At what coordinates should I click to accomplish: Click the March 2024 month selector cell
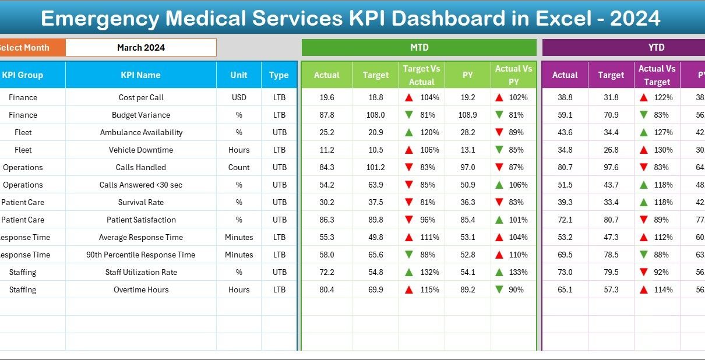(x=140, y=48)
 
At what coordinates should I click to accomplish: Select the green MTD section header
(x=419, y=48)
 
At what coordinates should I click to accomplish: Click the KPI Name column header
(x=140, y=75)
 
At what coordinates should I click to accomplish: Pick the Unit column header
(x=238, y=75)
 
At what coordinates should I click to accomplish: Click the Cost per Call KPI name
(x=141, y=97)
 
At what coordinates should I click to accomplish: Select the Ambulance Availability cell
(x=141, y=132)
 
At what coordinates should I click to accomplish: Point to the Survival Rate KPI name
(x=141, y=202)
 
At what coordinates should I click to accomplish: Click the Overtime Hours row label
(x=141, y=290)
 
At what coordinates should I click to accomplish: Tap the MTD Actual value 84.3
(x=327, y=167)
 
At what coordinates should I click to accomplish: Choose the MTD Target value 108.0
(x=375, y=115)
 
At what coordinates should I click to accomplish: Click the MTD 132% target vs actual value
(x=430, y=272)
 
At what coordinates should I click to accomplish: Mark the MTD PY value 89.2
(x=468, y=290)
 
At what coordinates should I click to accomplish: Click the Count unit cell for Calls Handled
(x=239, y=167)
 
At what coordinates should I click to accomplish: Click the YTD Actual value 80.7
(x=565, y=167)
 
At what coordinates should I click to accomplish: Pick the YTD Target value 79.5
(x=611, y=272)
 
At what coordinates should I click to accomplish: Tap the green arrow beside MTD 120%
(x=410, y=132)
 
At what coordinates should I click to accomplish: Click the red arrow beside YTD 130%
(x=643, y=150)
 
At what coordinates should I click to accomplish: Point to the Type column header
(x=279, y=75)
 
